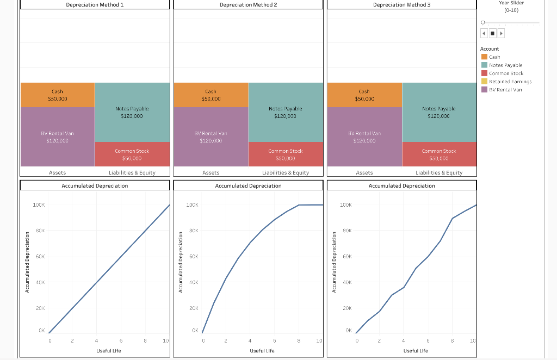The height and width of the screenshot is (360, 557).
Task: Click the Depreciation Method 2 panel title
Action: [x=248, y=4]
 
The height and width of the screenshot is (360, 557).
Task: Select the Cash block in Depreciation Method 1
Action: [x=57, y=95]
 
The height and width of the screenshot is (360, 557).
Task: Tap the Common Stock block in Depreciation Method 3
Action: [x=439, y=154]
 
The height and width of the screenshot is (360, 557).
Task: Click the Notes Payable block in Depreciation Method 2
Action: [x=285, y=112]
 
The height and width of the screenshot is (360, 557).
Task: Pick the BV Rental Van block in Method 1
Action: [x=57, y=136]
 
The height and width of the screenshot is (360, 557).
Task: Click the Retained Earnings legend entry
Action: [x=510, y=82]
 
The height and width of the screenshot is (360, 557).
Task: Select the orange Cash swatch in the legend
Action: [x=484, y=57]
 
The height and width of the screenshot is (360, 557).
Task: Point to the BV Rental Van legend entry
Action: [x=505, y=90]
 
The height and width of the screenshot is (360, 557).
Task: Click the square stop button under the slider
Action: [x=492, y=34]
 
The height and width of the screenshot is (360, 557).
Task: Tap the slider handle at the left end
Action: [x=482, y=22]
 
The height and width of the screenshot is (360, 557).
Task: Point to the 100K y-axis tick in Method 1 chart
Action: [x=39, y=205]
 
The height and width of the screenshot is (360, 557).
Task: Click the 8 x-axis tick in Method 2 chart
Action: [x=299, y=341]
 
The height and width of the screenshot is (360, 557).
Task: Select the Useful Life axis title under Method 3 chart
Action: [x=416, y=351]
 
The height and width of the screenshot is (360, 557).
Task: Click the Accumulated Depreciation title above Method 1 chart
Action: [x=95, y=185]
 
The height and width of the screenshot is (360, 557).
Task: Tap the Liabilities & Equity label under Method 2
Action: [x=285, y=172]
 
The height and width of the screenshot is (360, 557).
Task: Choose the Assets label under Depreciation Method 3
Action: [x=364, y=172]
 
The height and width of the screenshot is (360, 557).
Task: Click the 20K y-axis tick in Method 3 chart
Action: [x=348, y=308]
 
